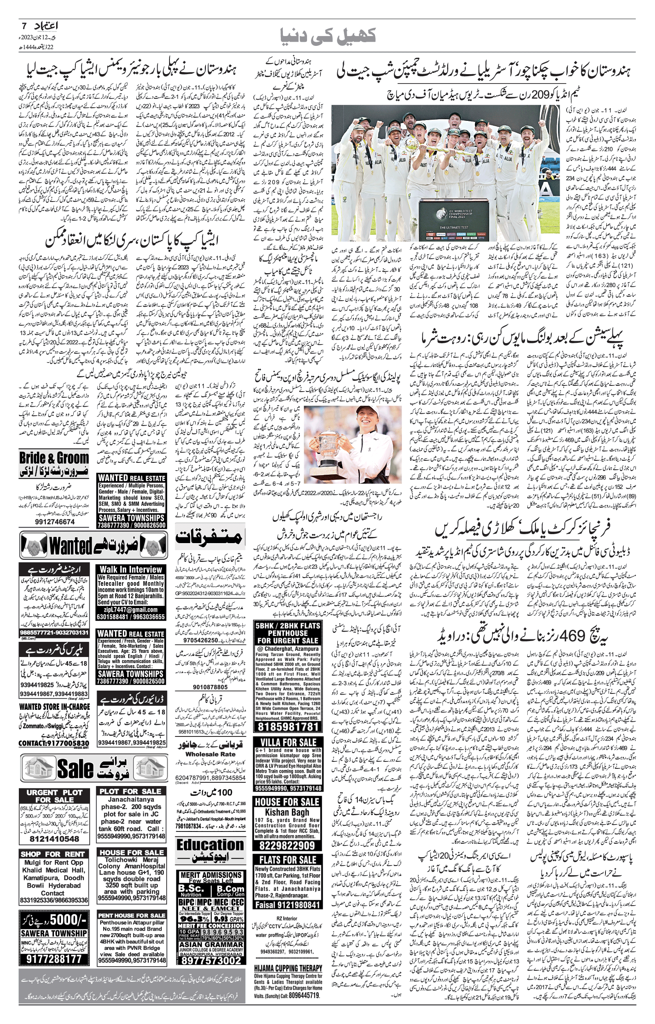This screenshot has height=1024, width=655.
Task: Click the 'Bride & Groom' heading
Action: (54, 458)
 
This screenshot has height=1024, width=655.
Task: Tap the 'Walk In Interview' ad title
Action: (131, 569)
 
